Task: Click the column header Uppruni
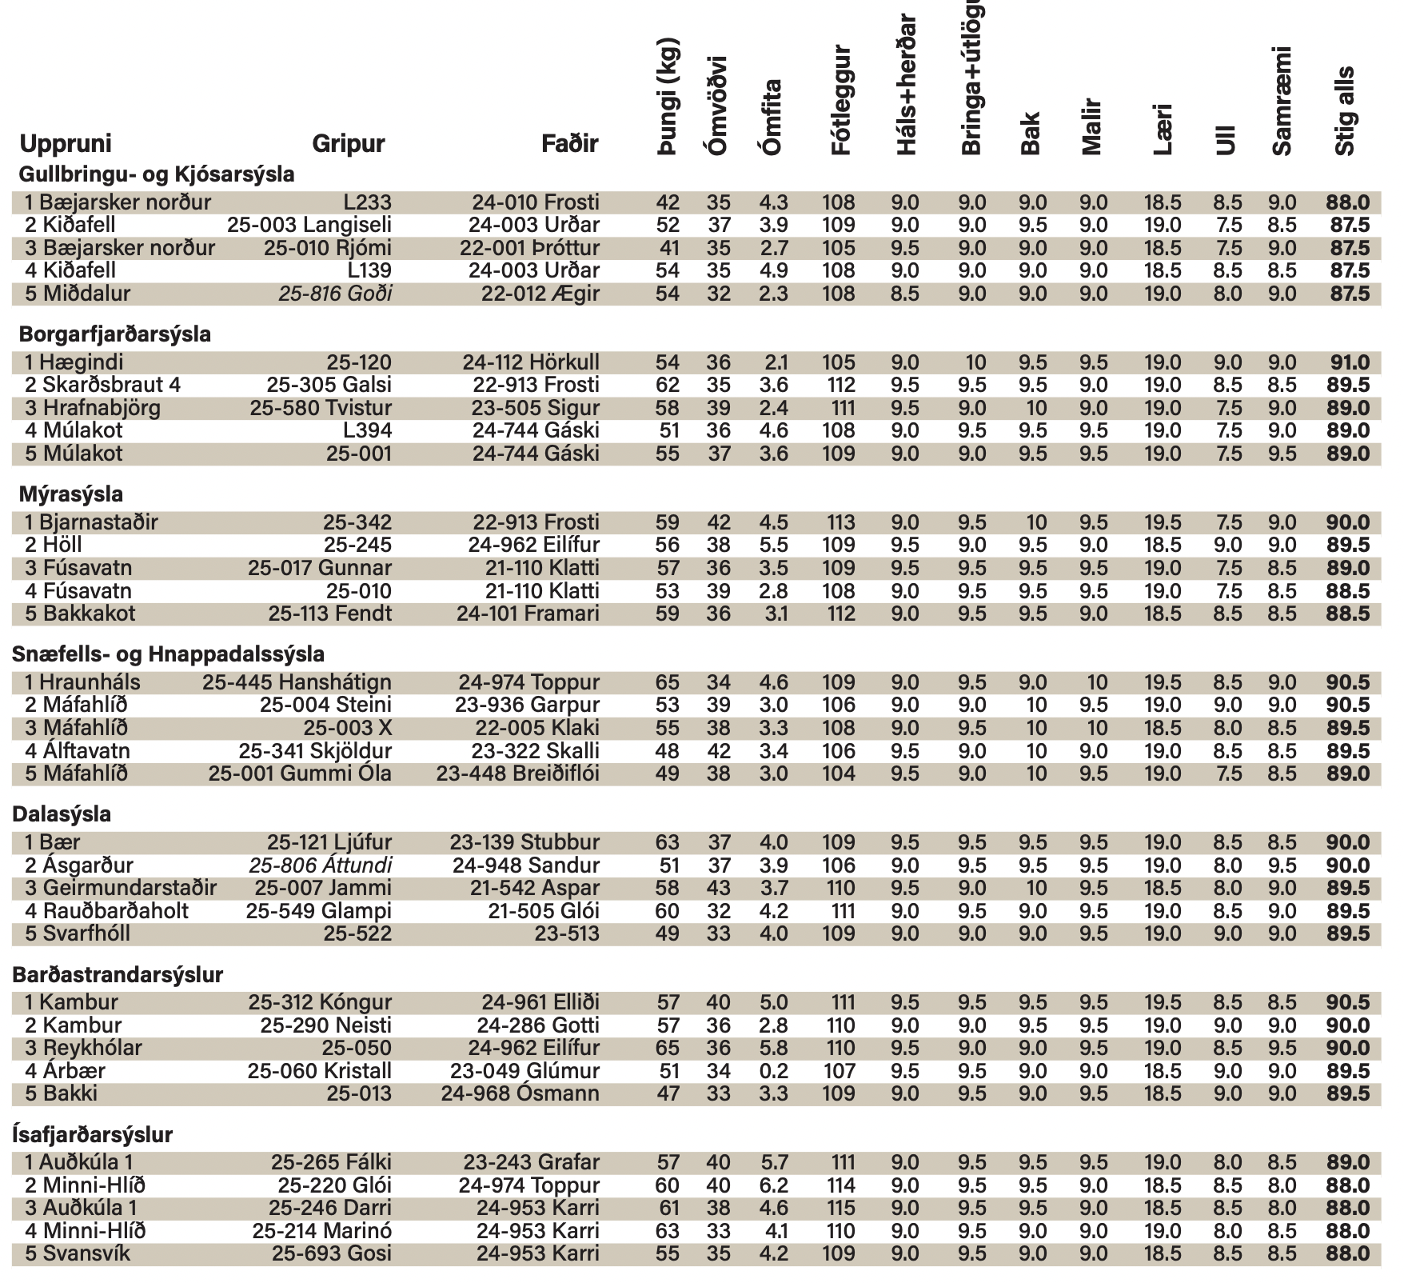(66, 144)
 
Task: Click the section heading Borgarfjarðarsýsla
(114, 334)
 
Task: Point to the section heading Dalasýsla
(62, 814)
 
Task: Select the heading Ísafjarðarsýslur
(93, 1134)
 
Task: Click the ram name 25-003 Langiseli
(309, 226)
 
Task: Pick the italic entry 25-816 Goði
(335, 294)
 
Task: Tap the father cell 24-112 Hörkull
(531, 362)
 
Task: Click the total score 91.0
(1347, 362)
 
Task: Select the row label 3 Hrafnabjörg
(93, 408)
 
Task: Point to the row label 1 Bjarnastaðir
(91, 522)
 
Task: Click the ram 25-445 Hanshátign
(297, 682)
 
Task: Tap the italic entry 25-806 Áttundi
(320, 865)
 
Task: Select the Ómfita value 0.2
(773, 1071)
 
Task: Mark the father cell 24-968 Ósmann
(520, 1093)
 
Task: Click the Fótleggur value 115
(838, 1208)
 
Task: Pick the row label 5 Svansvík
(78, 1253)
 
